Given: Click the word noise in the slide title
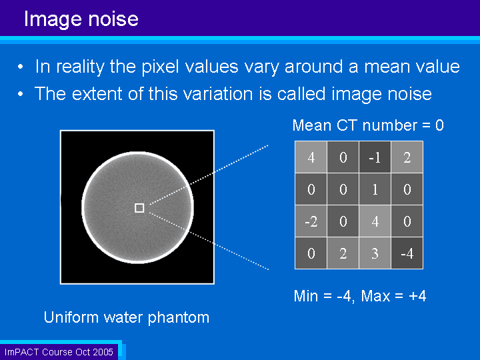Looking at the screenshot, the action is coord(113,19).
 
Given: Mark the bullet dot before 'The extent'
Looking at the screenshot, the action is coord(21,94).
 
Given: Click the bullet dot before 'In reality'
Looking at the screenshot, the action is coord(21,67).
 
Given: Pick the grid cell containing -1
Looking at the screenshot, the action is coord(375,157).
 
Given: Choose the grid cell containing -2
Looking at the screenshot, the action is coord(311,221).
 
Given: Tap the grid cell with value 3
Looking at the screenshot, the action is coord(375,253).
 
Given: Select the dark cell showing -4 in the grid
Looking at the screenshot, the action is coord(407,253).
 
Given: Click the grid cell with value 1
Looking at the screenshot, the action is coord(375,189).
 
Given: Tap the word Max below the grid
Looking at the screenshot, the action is coord(375,296).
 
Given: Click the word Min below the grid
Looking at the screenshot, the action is coord(306,296).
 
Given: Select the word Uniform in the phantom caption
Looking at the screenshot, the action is coord(72,317).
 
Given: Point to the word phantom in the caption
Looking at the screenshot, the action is coord(179,318).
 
